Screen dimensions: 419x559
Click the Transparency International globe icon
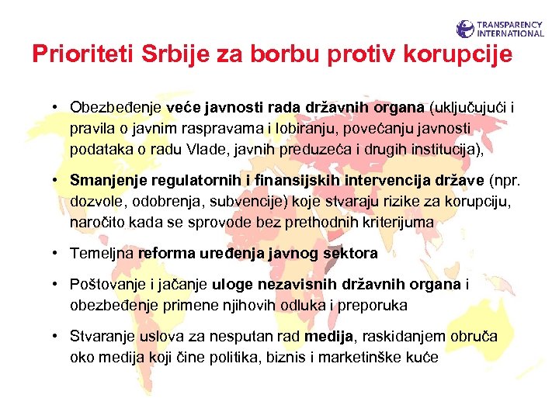click(465, 29)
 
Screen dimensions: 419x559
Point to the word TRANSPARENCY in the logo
click(511, 25)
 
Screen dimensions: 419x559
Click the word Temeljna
click(102, 253)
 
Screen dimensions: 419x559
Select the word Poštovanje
click(107, 286)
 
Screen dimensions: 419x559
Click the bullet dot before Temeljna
click(58, 253)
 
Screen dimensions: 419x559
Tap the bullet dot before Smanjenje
click(58, 180)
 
